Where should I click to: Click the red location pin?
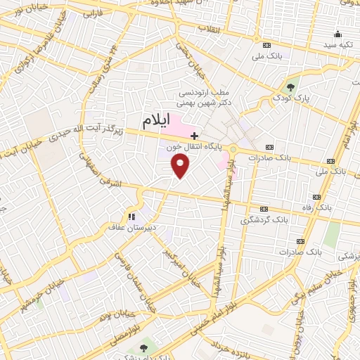[x=181, y=165]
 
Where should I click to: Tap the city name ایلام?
[x=156, y=120]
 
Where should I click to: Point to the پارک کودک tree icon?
[x=291, y=86]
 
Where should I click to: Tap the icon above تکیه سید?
[x=338, y=33]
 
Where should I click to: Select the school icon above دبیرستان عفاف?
[x=131, y=216]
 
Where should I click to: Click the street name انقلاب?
[x=210, y=28]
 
